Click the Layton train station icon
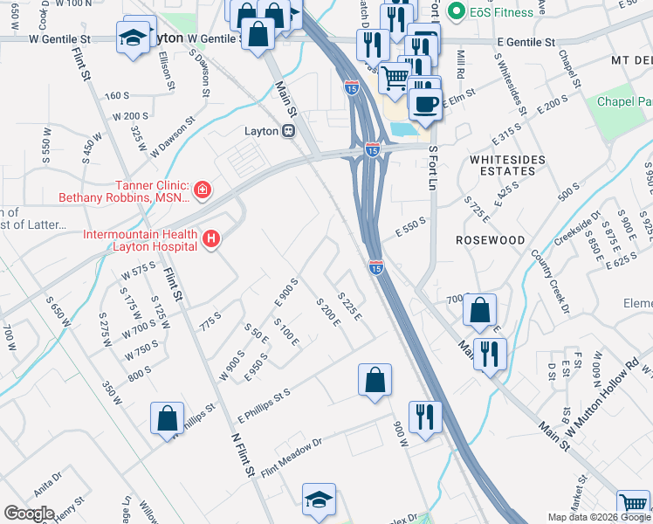[287, 131]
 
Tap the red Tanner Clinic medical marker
[202, 190]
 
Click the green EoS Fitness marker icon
[455, 12]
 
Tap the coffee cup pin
[425, 103]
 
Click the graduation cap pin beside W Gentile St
[134, 38]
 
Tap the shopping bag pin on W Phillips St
[167, 417]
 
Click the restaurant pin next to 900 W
[425, 415]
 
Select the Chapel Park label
[624, 102]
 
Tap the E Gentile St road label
[526, 42]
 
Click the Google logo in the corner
[29, 514]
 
